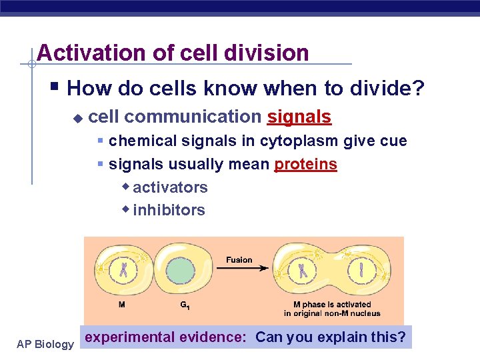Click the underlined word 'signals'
click(x=299, y=117)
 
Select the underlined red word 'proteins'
click(x=305, y=164)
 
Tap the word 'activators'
click(x=170, y=187)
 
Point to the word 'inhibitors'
click(x=169, y=210)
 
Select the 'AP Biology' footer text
click(x=45, y=344)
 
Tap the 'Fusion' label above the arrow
click(x=239, y=259)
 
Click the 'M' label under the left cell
click(x=121, y=305)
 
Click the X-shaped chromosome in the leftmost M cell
click(x=124, y=271)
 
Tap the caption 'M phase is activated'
click(x=332, y=305)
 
